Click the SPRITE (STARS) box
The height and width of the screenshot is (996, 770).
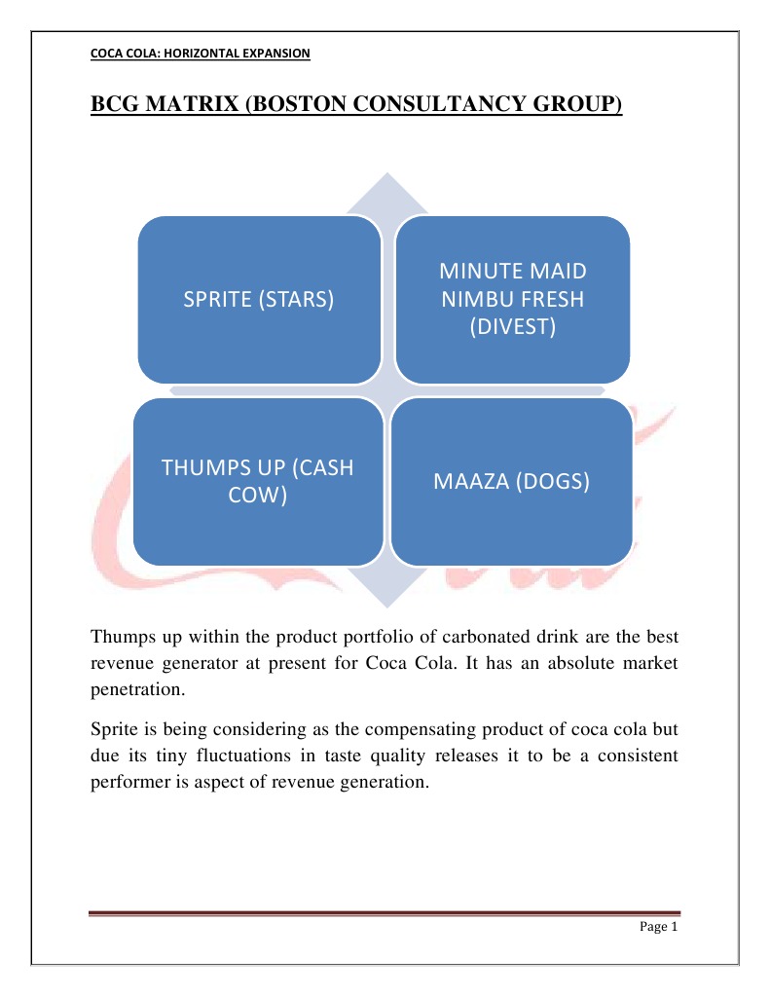click(258, 300)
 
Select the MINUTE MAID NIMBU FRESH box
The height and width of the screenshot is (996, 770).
click(512, 299)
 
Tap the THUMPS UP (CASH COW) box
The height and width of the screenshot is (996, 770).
click(257, 481)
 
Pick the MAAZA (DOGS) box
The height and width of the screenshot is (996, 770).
click(512, 481)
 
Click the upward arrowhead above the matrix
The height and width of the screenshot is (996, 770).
click(387, 191)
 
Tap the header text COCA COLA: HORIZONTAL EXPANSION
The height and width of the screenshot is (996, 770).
click(200, 55)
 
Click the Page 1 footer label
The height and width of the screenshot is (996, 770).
click(657, 926)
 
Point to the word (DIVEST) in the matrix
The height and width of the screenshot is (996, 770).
click(512, 327)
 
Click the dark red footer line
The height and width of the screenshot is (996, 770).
click(385, 912)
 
